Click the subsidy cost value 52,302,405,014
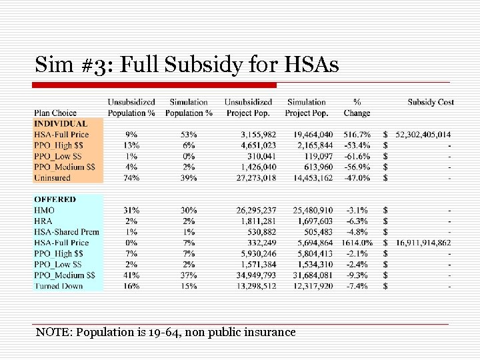point(423,135)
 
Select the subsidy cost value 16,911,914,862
point(423,243)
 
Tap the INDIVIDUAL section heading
point(61,123)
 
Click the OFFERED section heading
point(55,199)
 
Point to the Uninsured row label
point(52,178)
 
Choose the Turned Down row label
point(59,286)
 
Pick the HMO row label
point(44,210)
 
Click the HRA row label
point(43,221)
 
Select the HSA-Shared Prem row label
point(66,232)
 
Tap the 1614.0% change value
point(357,243)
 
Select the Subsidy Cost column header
point(431,102)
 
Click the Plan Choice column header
point(55,113)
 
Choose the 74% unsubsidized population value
point(131,178)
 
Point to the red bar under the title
point(155,85)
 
